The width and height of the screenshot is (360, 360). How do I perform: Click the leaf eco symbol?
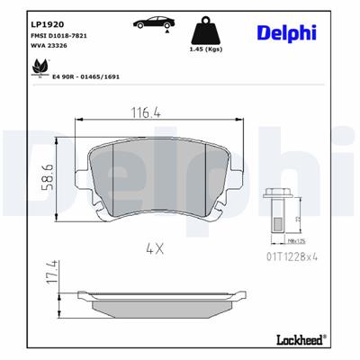tap(40, 67)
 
